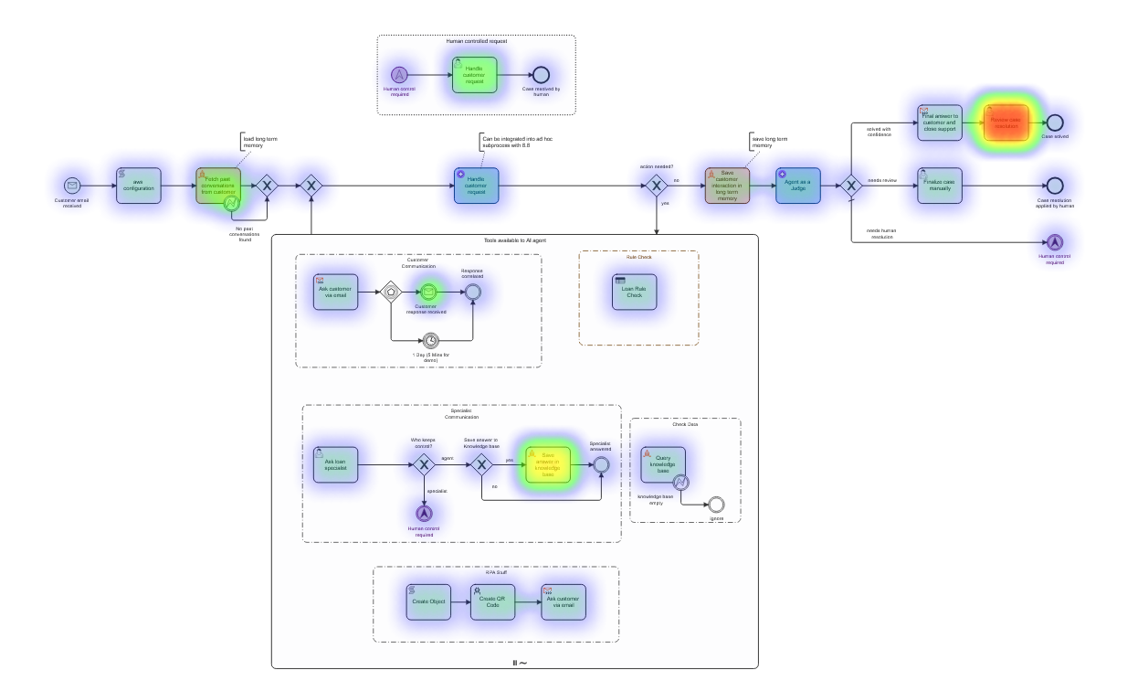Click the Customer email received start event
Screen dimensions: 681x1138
[x=71, y=186]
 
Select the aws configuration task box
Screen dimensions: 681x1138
[x=139, y=186]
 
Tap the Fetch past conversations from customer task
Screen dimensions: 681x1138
[x=218, y=186]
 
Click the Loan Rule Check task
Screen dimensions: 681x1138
[x=634, y=292]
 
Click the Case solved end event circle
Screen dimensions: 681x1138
[x=1055, y=122]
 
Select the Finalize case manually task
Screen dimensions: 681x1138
[x=940, y=186]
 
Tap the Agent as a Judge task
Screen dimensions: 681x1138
[x=798, y=186]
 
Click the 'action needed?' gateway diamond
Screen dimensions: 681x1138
[x=656, y=186]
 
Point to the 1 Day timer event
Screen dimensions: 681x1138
[x=431, y=342]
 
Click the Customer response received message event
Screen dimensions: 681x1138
[x=428, y=293]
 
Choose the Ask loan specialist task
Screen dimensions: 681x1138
[x=335, y=465]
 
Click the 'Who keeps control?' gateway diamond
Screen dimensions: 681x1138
[x=423, y=465]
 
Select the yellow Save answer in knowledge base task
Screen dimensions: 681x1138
[x=547, y=465]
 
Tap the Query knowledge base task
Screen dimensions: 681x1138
[x=663, y=464]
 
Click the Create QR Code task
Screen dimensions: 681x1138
[x=492, y=602]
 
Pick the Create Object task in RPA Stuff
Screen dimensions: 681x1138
[x=428, y=602]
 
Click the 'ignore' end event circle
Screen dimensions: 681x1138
[x=716, y=504]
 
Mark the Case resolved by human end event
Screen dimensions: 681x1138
[x=541, y=75]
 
